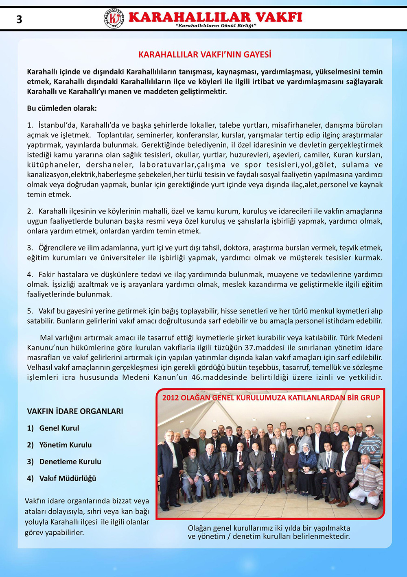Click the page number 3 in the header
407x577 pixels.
(19, 20)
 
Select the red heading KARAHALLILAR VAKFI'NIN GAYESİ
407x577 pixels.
(205, 54)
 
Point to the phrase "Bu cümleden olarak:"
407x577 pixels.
(62, 109)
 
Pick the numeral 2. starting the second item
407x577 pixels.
(30, 211)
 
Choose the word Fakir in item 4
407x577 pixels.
(48, 275)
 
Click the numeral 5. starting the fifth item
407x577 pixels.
(30, 311)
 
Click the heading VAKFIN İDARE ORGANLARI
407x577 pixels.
(75, 412)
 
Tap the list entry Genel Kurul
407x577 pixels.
(59, 428)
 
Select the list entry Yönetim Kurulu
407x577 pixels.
(65, 445)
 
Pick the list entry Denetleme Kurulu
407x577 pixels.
(70, 462)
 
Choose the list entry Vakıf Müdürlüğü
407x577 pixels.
(68, 478)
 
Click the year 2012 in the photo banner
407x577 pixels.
(171, 398)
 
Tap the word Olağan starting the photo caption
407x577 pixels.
(199, 528)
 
